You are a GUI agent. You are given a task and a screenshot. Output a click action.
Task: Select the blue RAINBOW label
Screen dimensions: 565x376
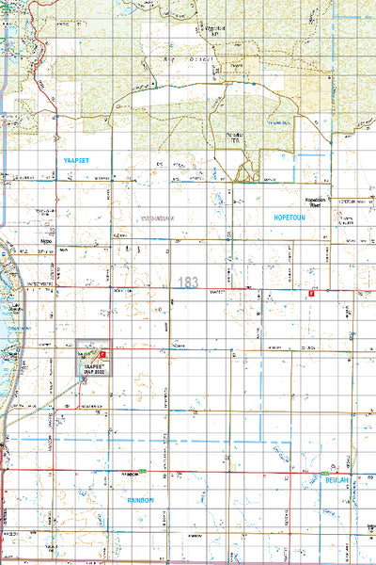[140, 500]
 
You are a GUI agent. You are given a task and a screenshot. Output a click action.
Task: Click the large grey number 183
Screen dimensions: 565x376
[187, 282]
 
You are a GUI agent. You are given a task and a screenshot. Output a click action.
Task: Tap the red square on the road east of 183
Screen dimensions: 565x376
[310, 295]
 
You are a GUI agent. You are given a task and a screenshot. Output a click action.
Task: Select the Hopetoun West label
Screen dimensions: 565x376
[321, 202]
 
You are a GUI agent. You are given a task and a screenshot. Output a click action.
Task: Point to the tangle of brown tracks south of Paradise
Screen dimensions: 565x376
[246, 170]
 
